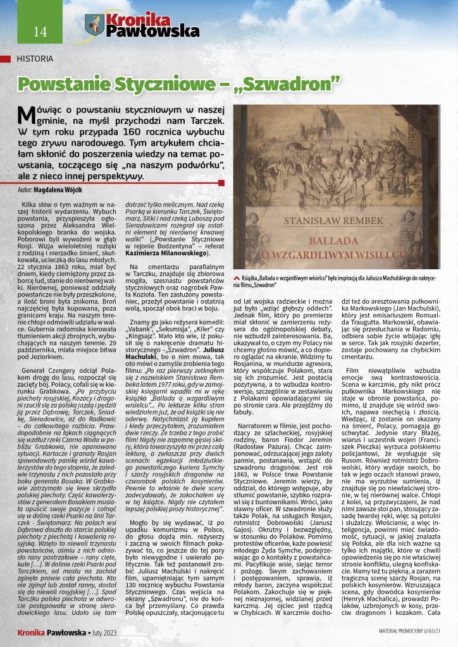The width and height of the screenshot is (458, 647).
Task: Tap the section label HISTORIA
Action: coord(35,59)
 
